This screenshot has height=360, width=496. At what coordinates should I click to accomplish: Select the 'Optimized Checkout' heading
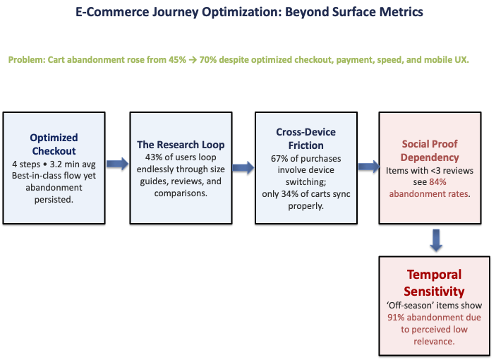pos(54,144)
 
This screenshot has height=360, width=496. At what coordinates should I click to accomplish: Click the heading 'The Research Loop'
pos(181,145)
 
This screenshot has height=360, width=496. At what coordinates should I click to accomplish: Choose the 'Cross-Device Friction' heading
pos(306,139)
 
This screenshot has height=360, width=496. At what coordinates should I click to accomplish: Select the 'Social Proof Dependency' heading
pos(430,151)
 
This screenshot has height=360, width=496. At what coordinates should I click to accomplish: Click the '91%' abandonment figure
pos(397,318)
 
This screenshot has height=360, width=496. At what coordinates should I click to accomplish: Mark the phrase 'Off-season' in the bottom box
pos(409,306)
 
